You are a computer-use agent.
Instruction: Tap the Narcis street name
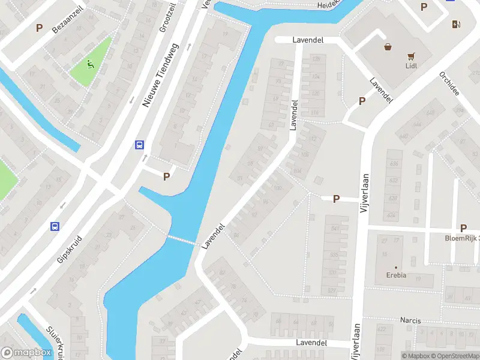[410, 320]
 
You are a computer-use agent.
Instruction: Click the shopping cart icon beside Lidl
[412, 56]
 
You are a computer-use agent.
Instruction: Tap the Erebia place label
[396, 275]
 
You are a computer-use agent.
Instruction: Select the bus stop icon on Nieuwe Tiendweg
[139, 145]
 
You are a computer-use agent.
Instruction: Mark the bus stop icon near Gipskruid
[55, 226]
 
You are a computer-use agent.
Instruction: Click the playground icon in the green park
[90, 64]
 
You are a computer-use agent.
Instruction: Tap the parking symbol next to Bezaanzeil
[40, 28]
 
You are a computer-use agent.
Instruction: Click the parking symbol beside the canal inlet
[167, 176]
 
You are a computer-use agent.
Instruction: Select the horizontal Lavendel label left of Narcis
[311, 342]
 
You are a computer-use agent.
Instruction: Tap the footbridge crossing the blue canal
[181, 240]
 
